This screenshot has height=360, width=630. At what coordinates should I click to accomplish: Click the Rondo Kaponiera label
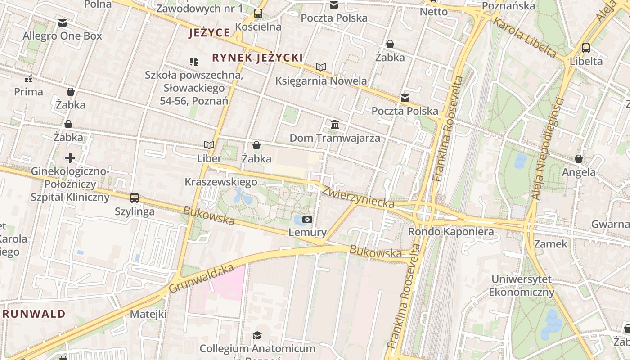[451, 232]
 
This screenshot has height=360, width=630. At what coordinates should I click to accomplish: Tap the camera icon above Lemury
[307, 219]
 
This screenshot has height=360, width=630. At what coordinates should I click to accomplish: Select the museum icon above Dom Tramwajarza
[335, 124]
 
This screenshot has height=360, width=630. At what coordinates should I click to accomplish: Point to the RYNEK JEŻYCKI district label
[257, 58]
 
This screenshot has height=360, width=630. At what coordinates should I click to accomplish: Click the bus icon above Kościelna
[258, 13]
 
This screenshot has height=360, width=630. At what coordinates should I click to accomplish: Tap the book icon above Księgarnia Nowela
[320, 67]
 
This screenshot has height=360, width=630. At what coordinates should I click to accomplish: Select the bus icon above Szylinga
[134, 198]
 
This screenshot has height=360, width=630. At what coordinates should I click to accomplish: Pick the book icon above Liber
[209, 145]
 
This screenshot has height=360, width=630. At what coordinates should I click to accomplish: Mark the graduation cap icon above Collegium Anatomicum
[257, 335]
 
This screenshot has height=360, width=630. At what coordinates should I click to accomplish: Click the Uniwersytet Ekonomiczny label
[521, 286]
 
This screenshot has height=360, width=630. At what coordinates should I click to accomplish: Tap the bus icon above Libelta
[585, 48]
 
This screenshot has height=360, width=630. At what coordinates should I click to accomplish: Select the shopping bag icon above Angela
[579, 159]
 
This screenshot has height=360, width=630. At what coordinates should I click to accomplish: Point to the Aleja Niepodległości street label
[548, 148]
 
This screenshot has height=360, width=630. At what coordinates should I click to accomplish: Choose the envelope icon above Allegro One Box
[63, 22]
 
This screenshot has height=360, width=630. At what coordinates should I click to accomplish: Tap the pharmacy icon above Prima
[28, 79]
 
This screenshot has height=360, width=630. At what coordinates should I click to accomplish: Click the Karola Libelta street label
[525, 37]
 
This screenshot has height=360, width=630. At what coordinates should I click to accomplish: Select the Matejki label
[148, 314]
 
